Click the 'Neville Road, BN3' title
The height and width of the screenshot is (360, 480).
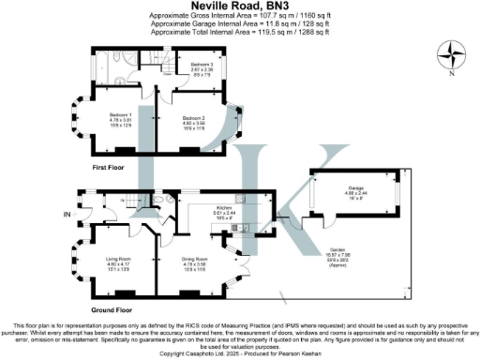(x=239, y=7)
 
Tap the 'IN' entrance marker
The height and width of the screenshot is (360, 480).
(x=67, y=215)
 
